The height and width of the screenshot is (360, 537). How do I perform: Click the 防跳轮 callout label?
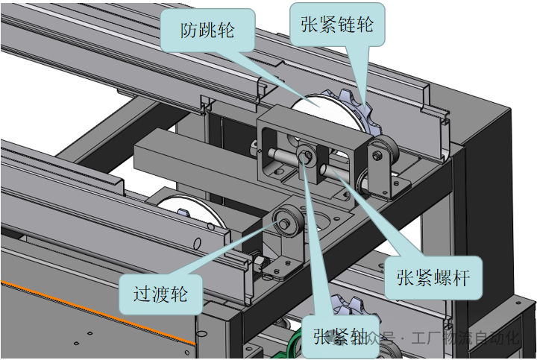click(x=207, y=31)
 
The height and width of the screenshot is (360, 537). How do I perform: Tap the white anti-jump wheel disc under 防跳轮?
click(x=317, y=104)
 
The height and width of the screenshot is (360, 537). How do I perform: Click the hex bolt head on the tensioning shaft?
click(x=307, y=156)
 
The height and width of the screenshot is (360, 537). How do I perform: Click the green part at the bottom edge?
click(x=295, y=347)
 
